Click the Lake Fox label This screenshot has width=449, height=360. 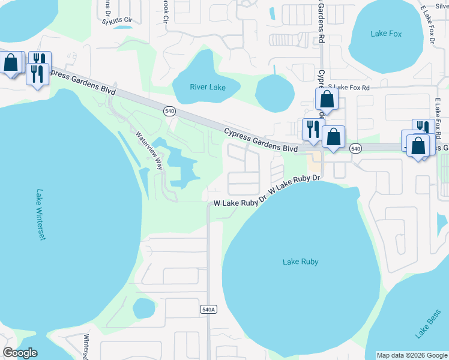386,34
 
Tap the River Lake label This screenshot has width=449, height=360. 208,88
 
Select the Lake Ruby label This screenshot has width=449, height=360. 300,262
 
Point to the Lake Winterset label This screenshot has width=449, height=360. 41,215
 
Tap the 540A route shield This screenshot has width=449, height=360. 208,309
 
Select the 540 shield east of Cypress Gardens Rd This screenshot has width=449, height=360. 355,148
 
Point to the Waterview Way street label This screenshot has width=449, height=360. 149,150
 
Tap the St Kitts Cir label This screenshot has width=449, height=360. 116,21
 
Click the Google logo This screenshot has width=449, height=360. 20,353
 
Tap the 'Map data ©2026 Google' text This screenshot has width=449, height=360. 412,355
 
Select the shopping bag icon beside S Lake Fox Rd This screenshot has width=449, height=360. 327,98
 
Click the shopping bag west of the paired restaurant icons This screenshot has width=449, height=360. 11,62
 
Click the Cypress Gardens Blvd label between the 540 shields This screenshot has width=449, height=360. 261,140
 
